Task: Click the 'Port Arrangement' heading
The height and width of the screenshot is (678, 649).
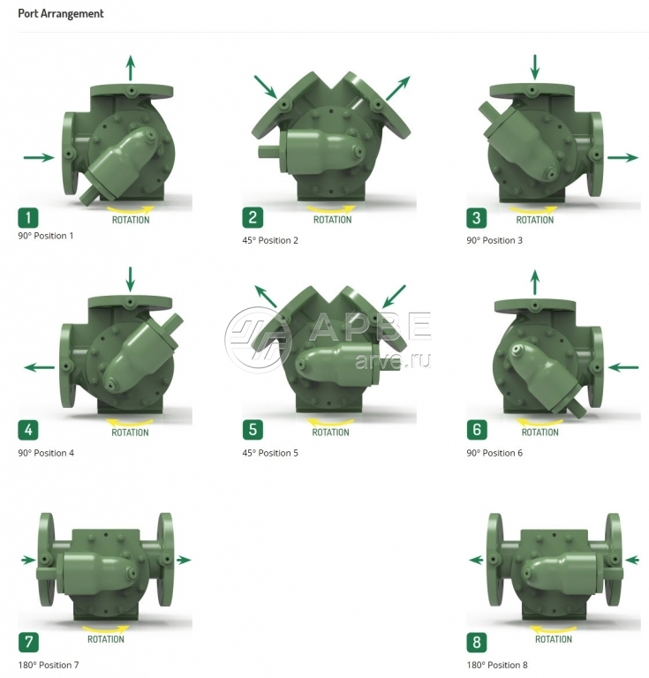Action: click(x=61, y=14)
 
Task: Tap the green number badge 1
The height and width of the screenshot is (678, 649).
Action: click(x=28, y=217)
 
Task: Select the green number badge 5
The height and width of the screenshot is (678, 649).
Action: click(x=253, y=430)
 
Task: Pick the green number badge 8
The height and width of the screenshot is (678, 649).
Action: click(x=477, y=642)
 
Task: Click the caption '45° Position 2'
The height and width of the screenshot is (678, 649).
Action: click(x=270, y=240)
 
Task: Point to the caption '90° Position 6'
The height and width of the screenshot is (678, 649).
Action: click(x=494, y=453)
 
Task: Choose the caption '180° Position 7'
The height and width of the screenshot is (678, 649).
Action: click(x=49, y=665)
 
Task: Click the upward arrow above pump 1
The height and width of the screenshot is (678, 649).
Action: click(x=130, y=68)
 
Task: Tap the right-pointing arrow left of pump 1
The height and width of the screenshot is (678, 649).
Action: click(x=39, y=157)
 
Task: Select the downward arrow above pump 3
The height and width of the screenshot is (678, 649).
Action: click(x=535, y=67)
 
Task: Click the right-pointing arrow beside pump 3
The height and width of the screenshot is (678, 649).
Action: click(x=623, y=157)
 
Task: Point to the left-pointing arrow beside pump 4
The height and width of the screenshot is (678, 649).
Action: click(x=40, y=367)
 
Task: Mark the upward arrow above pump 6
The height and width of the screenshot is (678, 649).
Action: click(x=535, y=282)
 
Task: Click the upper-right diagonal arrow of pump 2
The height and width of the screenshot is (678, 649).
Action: click(x=397, y=88)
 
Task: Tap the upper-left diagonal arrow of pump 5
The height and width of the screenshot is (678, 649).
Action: click(x=266, y=297)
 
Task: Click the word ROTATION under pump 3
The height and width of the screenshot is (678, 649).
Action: click(x=535, y=220)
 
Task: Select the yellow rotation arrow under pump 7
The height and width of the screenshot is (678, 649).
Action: click(x=106, y=629)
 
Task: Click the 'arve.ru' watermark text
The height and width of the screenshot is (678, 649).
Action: click(x=392, y=360)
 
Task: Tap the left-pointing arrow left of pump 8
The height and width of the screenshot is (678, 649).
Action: click(x=476, y=560)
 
